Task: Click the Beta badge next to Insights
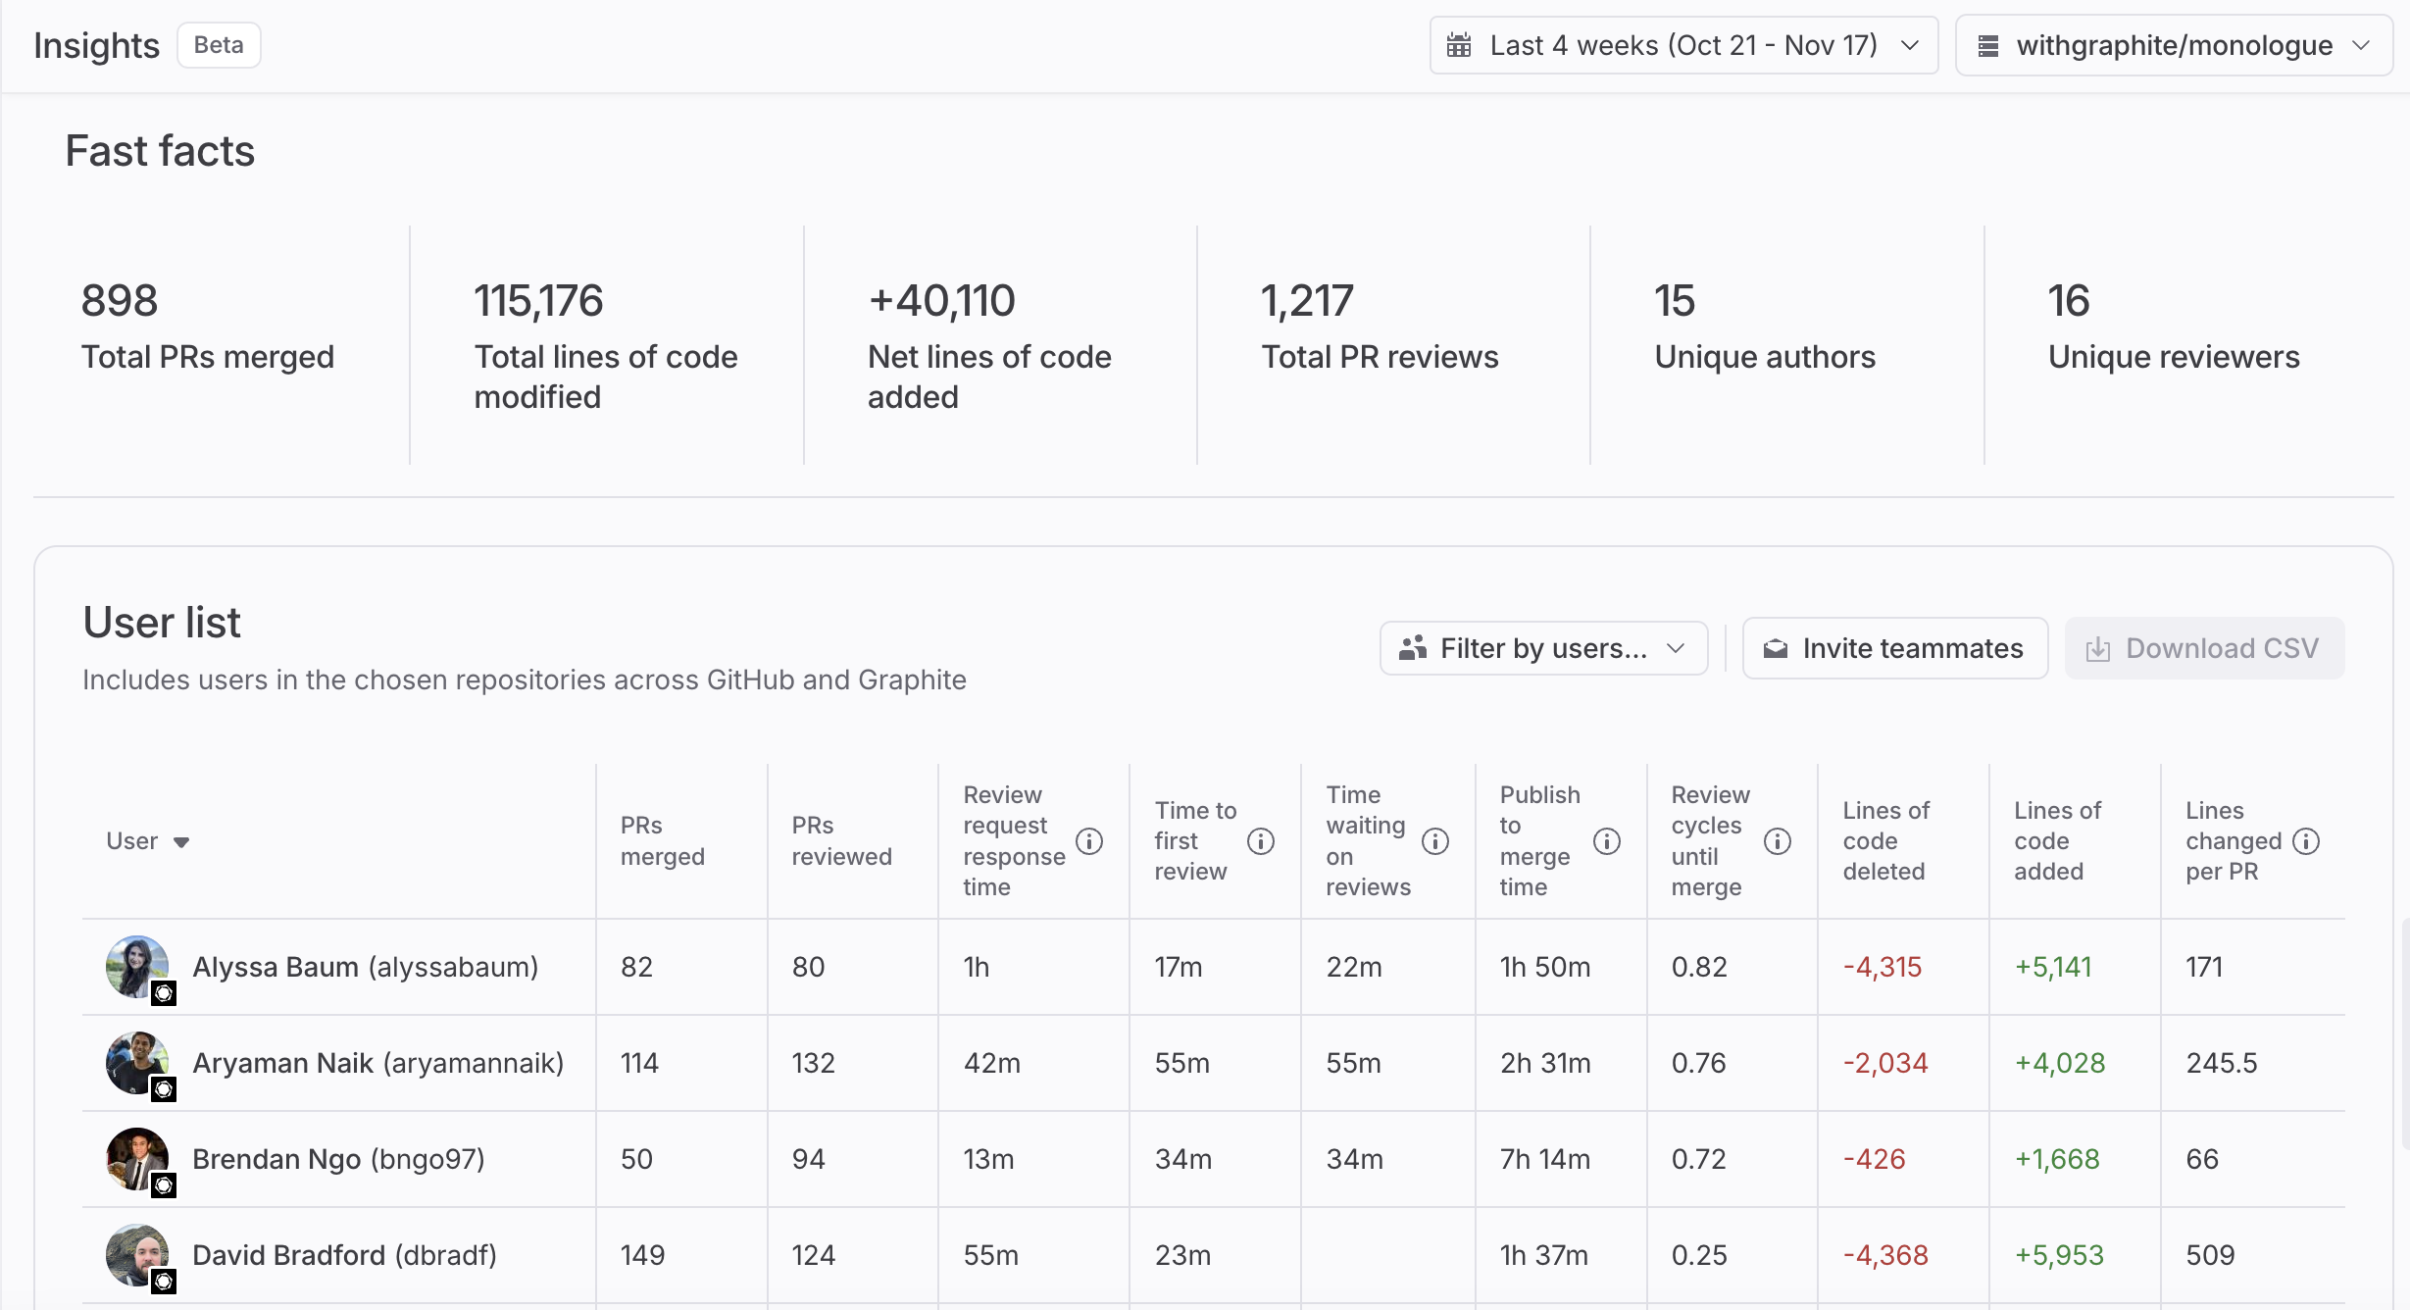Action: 219,45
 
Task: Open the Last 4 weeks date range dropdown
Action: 1682,45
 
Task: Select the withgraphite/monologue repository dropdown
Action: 2173,45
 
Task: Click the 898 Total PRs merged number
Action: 120,301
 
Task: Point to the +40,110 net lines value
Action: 941,301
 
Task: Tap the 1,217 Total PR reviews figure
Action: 1307,301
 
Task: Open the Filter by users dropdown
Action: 1543,648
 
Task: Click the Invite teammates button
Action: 1894,648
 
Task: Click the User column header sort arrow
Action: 181,842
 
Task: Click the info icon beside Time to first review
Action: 1261,841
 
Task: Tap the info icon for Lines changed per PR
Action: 2306,841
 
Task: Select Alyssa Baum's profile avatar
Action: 136,967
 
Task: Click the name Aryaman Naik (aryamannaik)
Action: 377,1063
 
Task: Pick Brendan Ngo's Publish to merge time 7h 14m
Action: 1545,1159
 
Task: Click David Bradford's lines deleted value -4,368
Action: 1885,1255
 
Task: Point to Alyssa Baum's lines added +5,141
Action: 2053,967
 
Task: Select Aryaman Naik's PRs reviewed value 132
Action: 814,1063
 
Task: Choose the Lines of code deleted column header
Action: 1885,841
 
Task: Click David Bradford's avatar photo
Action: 136,1255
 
